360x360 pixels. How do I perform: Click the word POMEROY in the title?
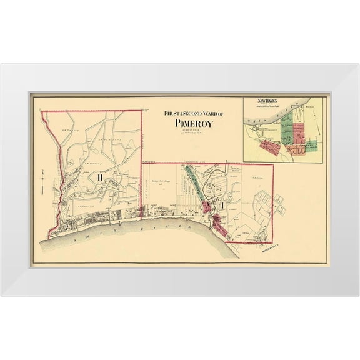(x=191, y=123)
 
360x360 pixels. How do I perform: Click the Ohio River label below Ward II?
(x=106, y=229)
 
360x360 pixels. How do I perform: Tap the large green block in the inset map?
(x=287, y=129)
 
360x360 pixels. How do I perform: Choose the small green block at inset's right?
(x=311, y=145)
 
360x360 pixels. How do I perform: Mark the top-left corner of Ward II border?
(x=42, y=111)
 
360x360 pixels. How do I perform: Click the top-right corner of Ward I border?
(x=273, y=164)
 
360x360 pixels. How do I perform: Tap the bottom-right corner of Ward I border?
(x=273, y=242)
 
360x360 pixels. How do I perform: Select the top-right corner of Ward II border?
(x=142, y=111)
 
